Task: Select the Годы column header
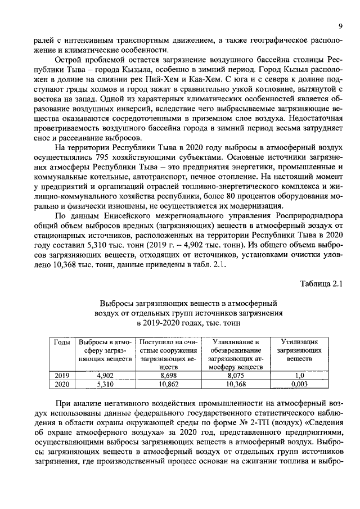click(x=61, y=341)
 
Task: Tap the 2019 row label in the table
click(x=61, y=376)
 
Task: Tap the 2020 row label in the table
click(x=61, y=385)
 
